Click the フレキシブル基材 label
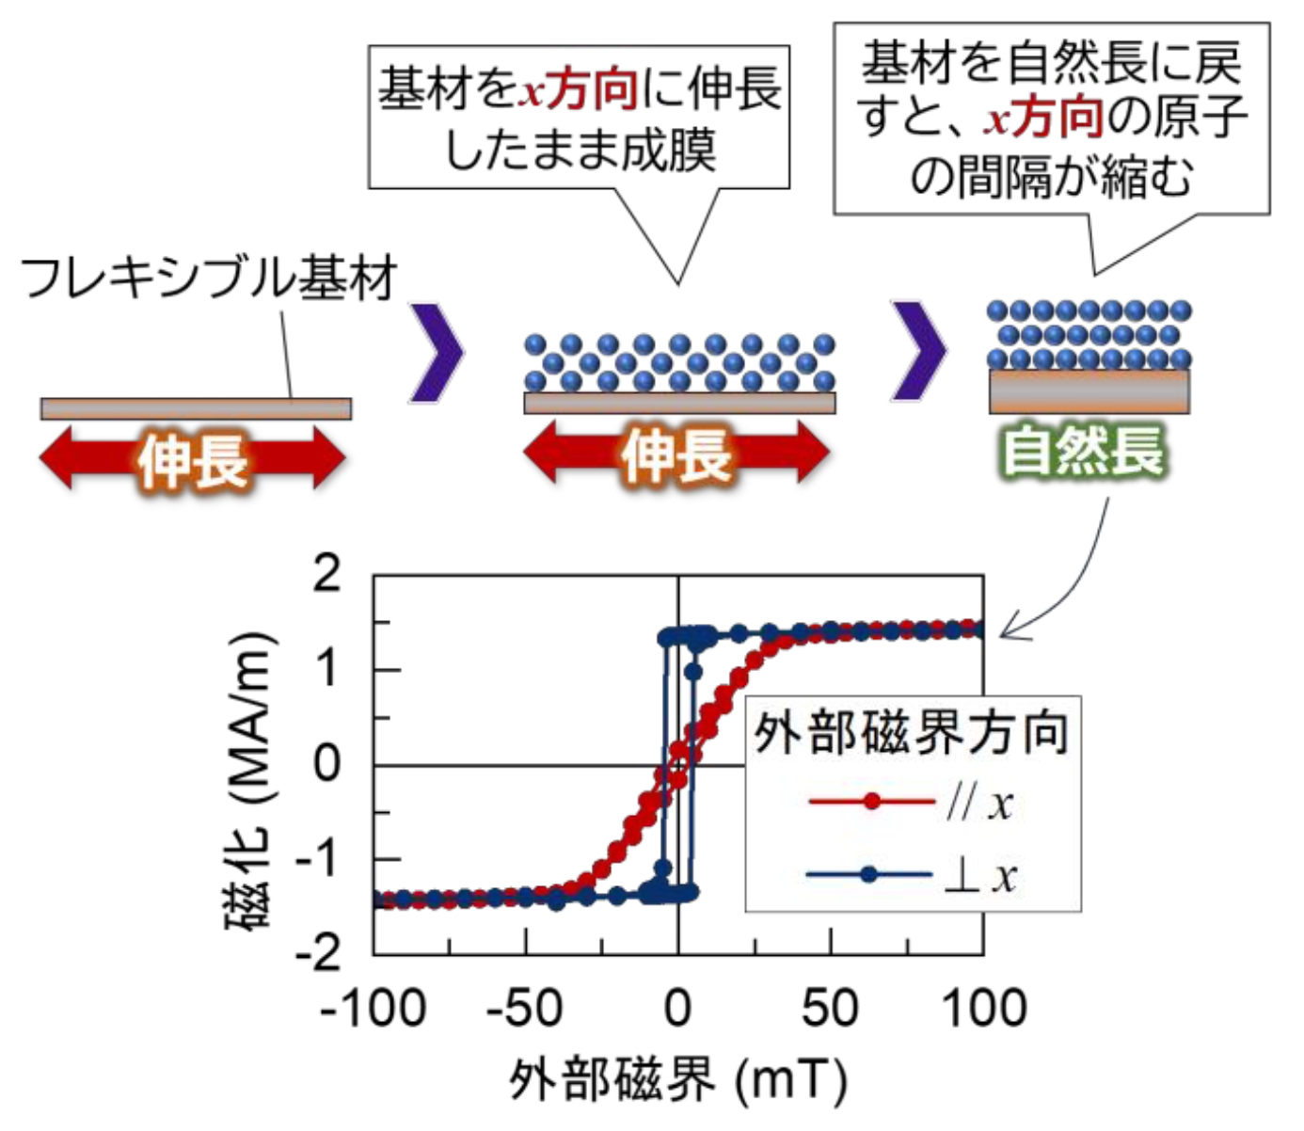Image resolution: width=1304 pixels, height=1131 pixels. (x=208, y=278)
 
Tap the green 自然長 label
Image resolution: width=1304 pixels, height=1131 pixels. (x=1083, y=451)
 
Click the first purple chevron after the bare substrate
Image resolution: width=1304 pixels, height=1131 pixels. (x=438, y=350)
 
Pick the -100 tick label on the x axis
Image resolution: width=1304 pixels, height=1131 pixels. (x=373, y=1009)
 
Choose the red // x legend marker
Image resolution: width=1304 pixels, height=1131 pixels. (x=871, y=802)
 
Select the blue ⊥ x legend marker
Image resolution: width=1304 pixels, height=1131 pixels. (x=869, y=875)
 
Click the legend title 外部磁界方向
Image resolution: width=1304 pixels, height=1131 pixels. (x=912, y=732)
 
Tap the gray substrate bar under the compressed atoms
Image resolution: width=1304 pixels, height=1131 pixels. (x=1089, y=390)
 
